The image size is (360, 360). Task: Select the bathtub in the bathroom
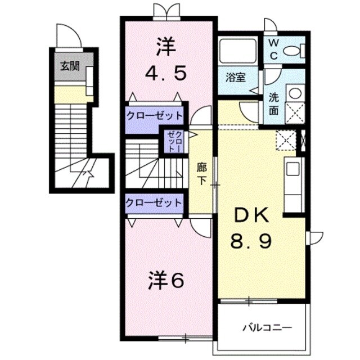coord(237,51)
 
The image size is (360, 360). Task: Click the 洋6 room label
coord(166,281)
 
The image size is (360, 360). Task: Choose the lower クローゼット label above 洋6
coord(154,202)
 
